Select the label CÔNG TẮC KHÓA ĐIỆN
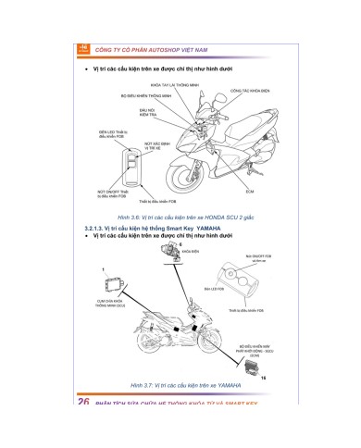249,92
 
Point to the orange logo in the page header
82,46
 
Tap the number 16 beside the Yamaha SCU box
263,379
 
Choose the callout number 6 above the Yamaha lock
181,243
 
